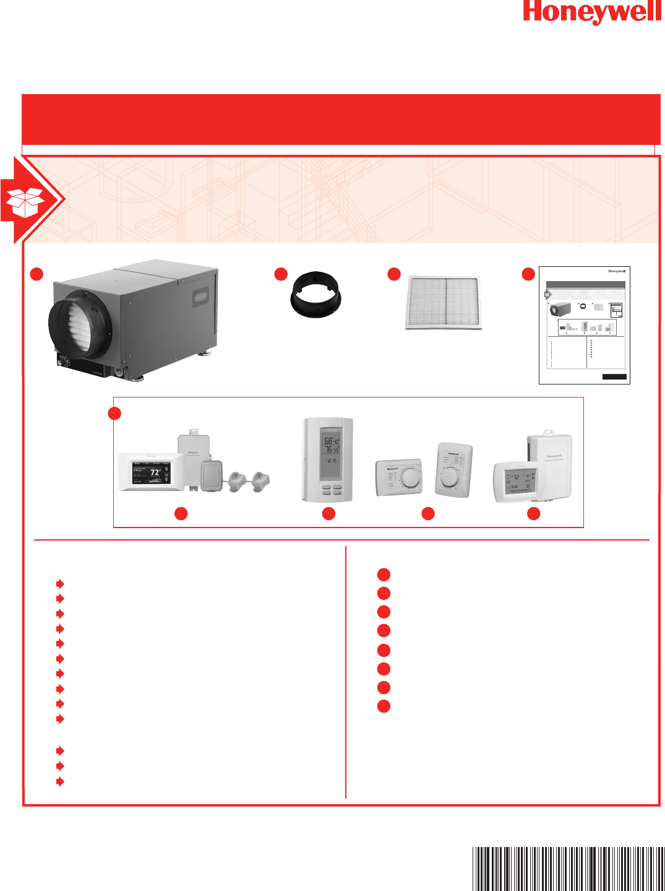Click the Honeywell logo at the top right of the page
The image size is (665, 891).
(x=591, y=12)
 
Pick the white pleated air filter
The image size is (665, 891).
(x=444, y=303)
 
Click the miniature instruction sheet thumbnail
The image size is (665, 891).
(x=584, y=325)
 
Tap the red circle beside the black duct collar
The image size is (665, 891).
(x=281, y=274)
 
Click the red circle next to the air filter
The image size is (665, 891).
(x=394, y=274)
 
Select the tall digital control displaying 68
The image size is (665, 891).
(x=328, y=459)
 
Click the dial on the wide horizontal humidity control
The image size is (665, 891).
(x=409, y=477)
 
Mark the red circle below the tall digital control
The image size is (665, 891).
(x=328, y=513)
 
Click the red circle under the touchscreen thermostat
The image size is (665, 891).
(x=181, y=513)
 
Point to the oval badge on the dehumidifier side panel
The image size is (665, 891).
(x=200, y=298)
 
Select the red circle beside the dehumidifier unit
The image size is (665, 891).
(x=37, y=274)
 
